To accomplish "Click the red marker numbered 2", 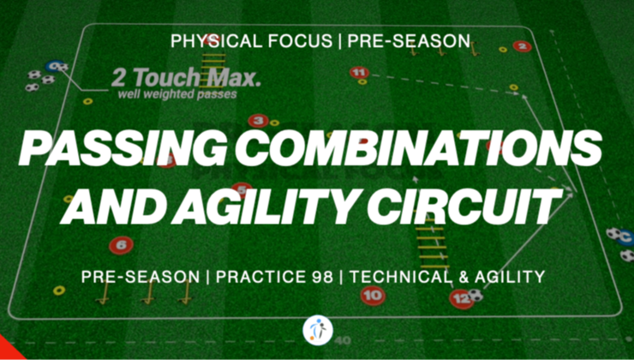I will pos(521,46).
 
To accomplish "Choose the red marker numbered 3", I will pos(256,121).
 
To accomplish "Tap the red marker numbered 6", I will pos(121,245).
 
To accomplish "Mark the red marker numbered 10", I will pos(373,297).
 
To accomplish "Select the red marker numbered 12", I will pos(461,297).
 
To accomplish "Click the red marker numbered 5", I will pos(242,189).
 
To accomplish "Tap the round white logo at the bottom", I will pos(317,329).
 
